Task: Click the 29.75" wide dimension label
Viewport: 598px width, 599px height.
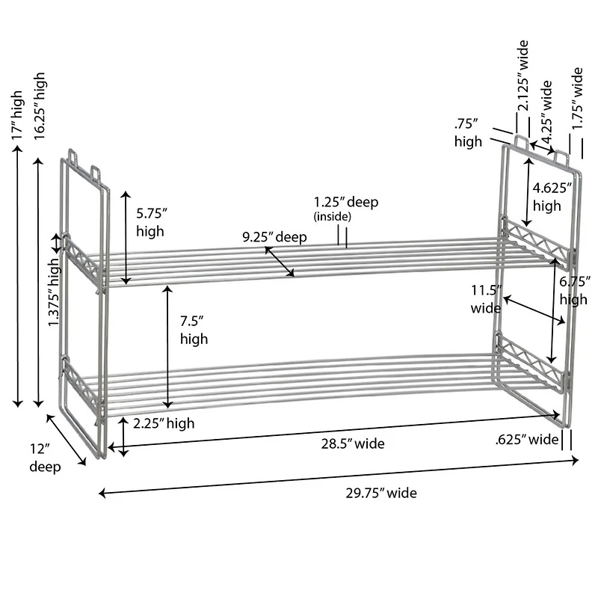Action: pos(381,493)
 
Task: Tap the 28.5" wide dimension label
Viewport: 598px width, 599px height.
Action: pos(353,443)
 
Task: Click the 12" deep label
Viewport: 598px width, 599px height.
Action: pos(44,458)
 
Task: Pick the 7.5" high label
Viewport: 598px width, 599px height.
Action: pos(194,330)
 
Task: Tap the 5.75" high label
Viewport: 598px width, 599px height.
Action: pos(150,222)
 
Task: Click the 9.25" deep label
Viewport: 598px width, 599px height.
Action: pos(274,237)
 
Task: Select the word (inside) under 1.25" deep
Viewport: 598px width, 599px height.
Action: pos(332,217)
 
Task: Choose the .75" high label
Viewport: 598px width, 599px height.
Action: pos(468,132)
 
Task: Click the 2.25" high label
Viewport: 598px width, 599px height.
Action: pos(164,423)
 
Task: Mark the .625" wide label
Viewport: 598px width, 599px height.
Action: pos(527,439)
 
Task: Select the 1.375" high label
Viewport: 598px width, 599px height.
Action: pos(54,298)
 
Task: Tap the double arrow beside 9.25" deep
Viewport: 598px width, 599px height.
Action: pos(280,261)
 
